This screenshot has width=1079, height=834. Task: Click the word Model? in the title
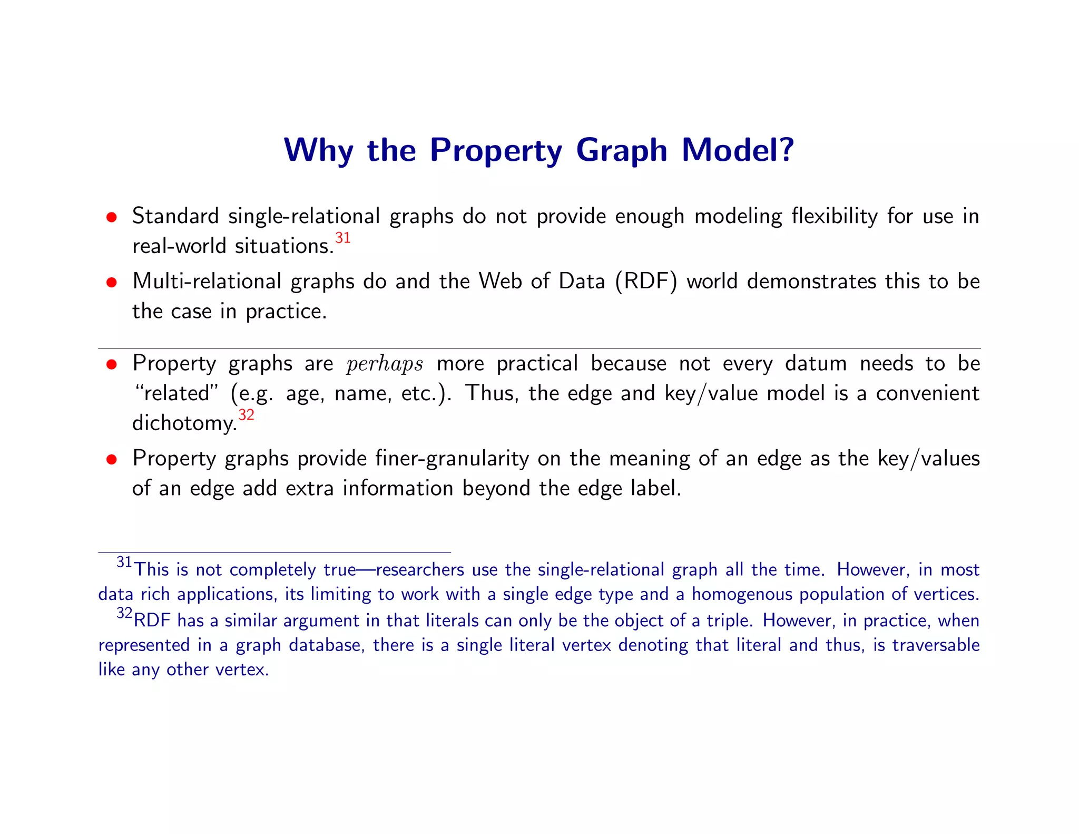(x=738, y=150)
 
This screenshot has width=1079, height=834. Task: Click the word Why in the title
(x=318, y=150)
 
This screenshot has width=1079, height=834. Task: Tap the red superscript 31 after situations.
(x=343, y=238)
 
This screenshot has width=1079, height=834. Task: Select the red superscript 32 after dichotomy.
(x=246, y=415)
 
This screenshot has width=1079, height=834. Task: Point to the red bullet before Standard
(x=111, y=217)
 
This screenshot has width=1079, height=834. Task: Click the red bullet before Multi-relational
(x=111, y=283)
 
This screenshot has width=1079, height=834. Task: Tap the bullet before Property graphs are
(x=111, y=365)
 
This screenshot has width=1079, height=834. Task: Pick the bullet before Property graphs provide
(x=111, y=460)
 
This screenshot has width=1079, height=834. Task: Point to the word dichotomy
(x=184, y=423)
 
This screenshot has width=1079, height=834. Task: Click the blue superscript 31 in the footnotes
(x=124, y=563)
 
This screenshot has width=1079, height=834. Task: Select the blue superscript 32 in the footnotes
(x=124, y=614)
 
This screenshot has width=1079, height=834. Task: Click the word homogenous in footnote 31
(x=742, y=595)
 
